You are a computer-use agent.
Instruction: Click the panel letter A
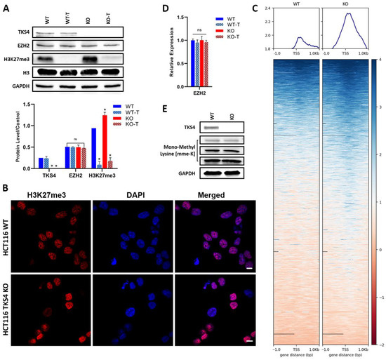(5, 6)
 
